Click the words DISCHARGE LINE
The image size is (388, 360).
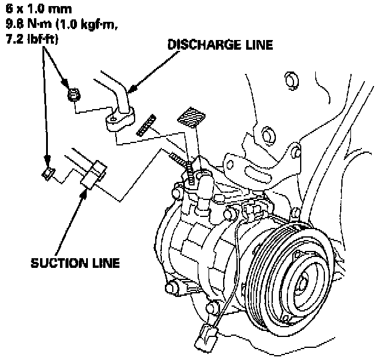[x=219, y=45]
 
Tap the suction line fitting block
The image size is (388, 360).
[x=95, y=174]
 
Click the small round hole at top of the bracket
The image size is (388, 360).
[x=289, y=78]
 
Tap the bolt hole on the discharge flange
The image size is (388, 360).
[x=113, y=124]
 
